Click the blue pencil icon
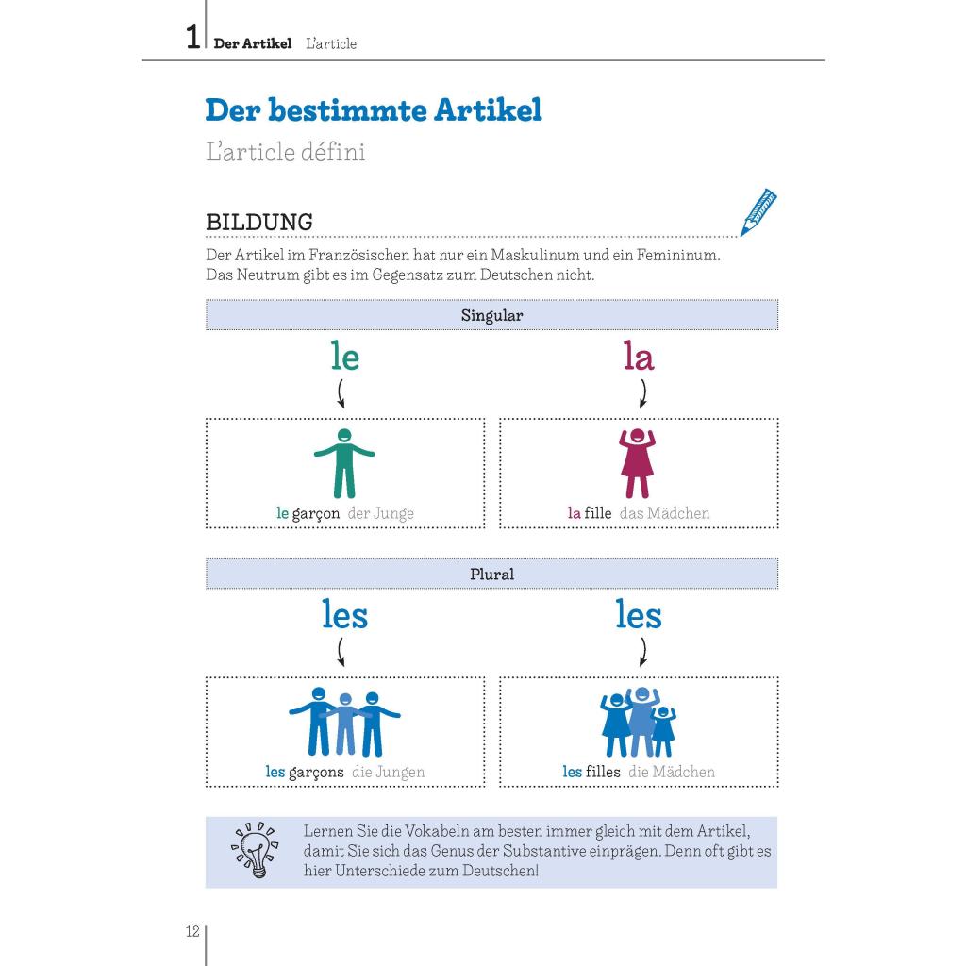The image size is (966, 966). point(758,212)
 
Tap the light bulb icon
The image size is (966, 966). point(255,849)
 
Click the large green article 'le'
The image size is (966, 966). point(345,357)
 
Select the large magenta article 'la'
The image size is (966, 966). point(639,357)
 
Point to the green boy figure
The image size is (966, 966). point(344,463)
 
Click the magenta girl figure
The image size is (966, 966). point(638,463)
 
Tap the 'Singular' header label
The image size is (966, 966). point(491,315)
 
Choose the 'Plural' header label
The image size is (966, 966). point(491,574)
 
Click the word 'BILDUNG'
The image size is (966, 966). point(259,223)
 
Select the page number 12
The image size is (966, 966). point(192,932)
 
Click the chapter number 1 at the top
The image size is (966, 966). point(192,39)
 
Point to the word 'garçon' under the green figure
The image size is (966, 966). point(316,513)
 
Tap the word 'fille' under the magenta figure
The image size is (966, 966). point(598,513)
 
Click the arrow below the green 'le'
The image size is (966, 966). point(341,392)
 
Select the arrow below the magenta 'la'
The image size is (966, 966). point(643,392)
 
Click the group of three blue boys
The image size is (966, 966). point(344,722)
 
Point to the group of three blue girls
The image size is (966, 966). point(639,722)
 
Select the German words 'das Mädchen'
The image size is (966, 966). point(665,513)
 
